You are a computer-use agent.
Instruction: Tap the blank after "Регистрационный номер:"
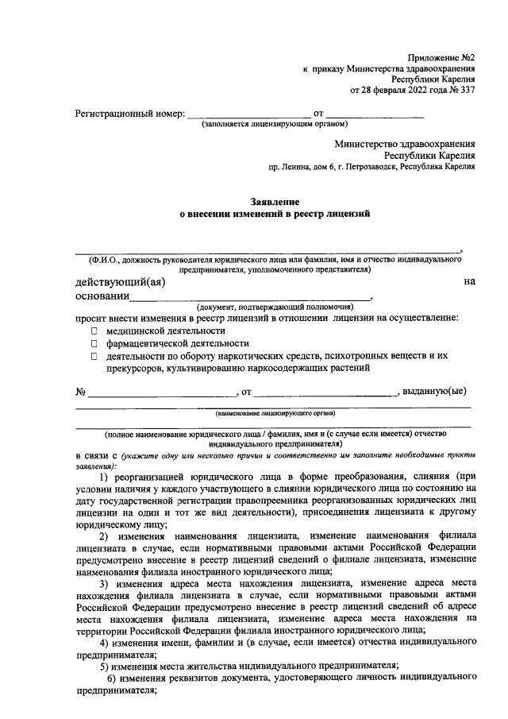tap(248, 113)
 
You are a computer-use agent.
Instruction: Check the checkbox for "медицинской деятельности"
tap(94, 330)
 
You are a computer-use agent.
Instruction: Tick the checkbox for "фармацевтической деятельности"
tap(94, 343)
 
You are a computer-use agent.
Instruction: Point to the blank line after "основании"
tap(250, 296)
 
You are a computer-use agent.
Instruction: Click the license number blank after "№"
tap(162, 392)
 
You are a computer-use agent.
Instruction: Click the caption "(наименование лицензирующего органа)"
tap(275, 413)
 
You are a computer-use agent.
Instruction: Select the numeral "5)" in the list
tap(115, 665)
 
